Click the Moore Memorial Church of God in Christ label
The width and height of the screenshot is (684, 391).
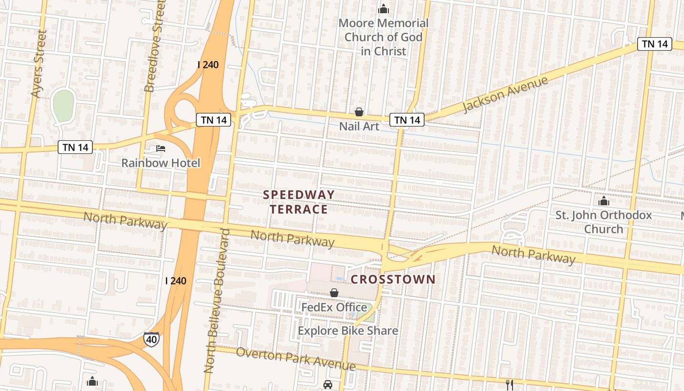coord(384,37)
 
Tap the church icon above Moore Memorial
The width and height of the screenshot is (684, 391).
coord(384,9)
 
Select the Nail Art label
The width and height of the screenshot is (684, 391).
coord(359,126)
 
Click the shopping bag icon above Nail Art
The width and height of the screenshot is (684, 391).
coord(359,112)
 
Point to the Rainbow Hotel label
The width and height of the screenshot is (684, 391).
coord(161,163)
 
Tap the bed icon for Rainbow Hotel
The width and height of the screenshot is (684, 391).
coord(161,148)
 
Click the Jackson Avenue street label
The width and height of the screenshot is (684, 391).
coord(505,94)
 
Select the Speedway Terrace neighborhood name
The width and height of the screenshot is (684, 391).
coord(299,202)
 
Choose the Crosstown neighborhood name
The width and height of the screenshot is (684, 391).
coord(393,279)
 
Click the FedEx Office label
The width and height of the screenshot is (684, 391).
coord(334,307)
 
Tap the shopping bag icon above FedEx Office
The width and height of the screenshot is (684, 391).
coord(334,293)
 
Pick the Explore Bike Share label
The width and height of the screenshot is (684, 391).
coord(348,331)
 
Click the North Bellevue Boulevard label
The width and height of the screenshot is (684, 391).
coord(216,301)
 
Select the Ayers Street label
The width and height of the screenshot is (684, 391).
coord(38,64)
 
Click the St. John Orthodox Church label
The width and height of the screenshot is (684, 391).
coord(604,222)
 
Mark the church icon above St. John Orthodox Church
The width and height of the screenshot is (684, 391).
coord(604,201)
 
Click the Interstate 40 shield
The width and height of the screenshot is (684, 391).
coord(151,338)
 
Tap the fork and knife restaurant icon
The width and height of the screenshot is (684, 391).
coord(510,385)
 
